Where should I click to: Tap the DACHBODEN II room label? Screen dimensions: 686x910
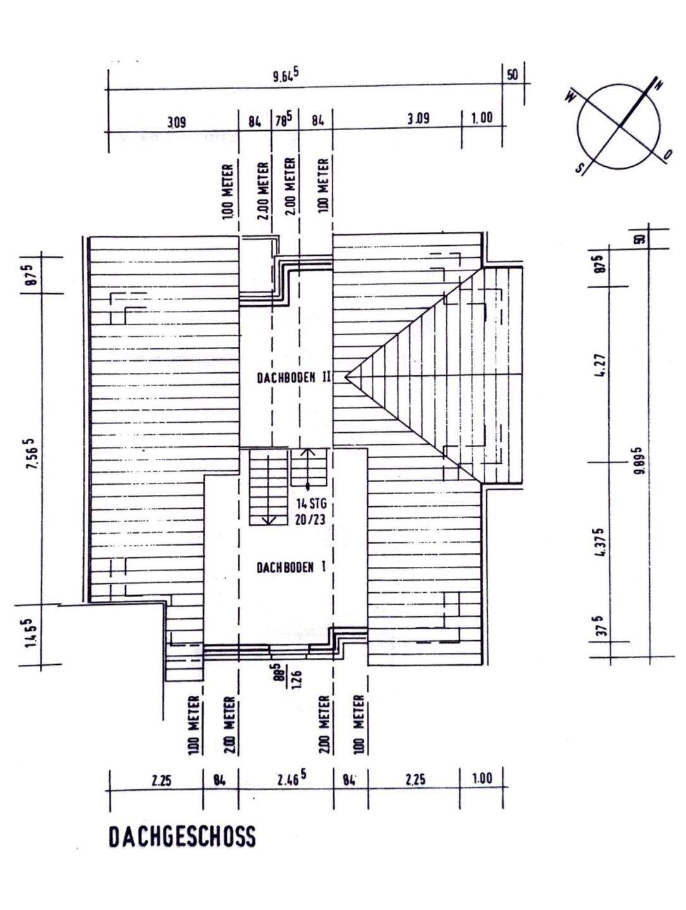tap(295, 378)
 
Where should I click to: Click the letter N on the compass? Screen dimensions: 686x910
tap(658, 85)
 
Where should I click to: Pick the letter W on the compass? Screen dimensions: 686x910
tap(571, 96)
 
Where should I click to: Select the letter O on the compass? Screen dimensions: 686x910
tap(668, 155)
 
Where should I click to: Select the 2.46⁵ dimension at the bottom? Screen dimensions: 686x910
tap(291, 778)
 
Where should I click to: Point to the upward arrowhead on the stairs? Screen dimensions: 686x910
tap(308, 452)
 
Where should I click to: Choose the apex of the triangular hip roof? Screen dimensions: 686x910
tap(346, 377)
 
